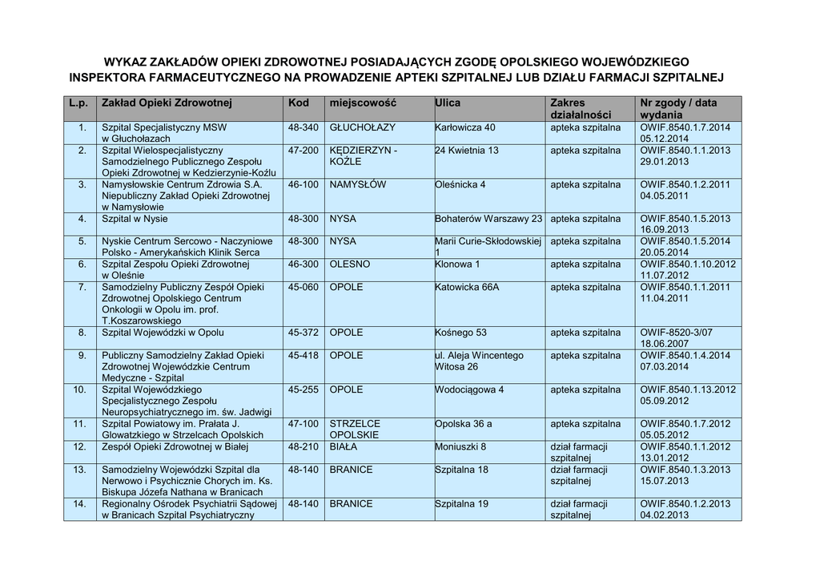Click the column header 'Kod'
(298, 103)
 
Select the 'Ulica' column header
(448, 103)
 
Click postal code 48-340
(303, 127)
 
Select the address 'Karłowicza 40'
(465, 127)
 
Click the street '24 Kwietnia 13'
(467, 150)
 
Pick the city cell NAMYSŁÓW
(358, 184)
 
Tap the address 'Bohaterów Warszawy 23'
(488, 218)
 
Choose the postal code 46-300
(303, 264)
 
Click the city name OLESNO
(350, 264)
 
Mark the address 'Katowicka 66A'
(467, 287)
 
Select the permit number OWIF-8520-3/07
(676, 333)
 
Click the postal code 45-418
(303, 355)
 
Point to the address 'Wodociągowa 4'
(469, 389)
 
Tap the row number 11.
(80, 423)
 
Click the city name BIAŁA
(344, 446)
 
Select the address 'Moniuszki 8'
(460, 446)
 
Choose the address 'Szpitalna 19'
(461, 504)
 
